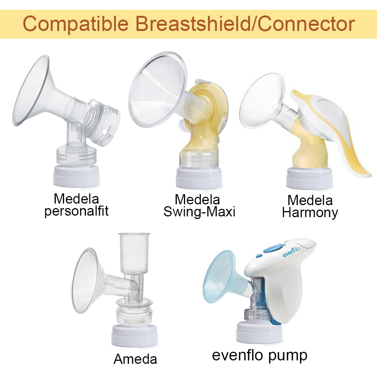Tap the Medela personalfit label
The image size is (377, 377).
point(77,204)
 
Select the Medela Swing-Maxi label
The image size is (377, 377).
point(199,205)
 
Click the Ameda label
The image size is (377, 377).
point(135,359)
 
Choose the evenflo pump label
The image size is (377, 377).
point(260,355)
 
